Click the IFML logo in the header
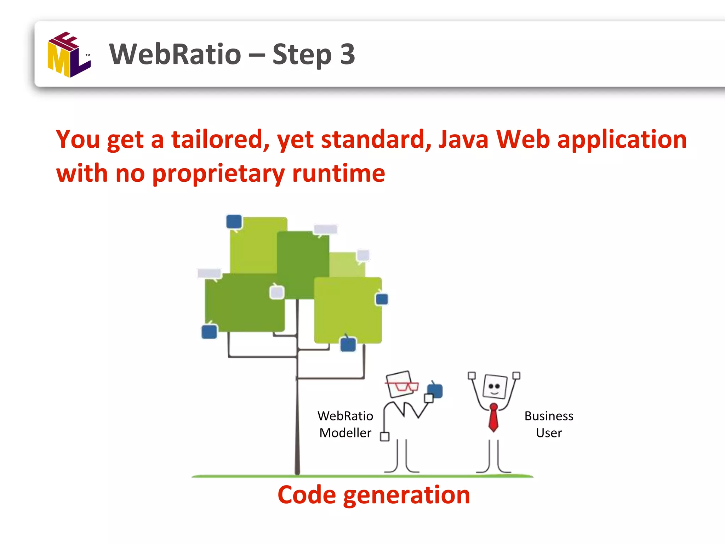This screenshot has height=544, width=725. click(x=69, y=55)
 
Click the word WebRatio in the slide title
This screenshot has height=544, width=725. click(x=175, y=54)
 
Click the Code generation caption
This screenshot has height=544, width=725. click(x=374, y=495)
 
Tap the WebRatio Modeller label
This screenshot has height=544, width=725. click(x=345, y=424)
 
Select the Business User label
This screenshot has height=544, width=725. click(x=549, y=424)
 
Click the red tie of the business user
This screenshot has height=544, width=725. click(x=493, y=418)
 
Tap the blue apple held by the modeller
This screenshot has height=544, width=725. click(x=435, y=390)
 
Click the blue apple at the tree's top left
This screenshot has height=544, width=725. click(x=234, y=222)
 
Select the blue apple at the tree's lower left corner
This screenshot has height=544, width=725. click(x=209, y=331)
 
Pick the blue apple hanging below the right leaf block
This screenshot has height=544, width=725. click(x=348, y=344)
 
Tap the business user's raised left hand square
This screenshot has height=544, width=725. click(x=472, y=375)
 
